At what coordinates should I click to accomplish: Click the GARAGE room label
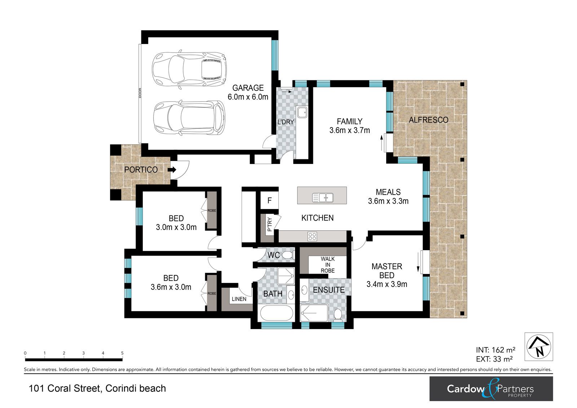coord(248,88)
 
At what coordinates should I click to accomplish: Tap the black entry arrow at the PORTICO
coord(172,170)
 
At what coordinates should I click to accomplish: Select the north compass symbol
coord(539,346)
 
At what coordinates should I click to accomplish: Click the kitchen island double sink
coord(323,198)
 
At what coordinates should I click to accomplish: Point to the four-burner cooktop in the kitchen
coord(312,236)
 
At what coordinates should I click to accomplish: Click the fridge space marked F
coord(269,200)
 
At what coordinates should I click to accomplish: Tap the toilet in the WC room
coord(287,255)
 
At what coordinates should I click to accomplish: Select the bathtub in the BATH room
coord(276,313)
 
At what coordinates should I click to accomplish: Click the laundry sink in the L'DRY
coord(302,112)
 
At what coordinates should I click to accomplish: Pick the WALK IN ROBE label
coord(327,265)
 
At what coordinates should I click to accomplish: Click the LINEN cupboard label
coord(239,299)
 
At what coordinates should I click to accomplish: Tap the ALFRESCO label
coord(429,120)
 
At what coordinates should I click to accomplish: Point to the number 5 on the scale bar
coord(122,353)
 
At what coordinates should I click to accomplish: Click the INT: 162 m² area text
coord(495,350)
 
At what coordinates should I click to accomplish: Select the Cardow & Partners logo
coord(491,389)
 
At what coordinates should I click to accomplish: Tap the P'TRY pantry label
coord(269,225)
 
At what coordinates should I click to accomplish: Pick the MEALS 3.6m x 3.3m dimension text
coord(388,201)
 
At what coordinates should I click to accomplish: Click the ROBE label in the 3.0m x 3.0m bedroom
coord(212,210)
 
